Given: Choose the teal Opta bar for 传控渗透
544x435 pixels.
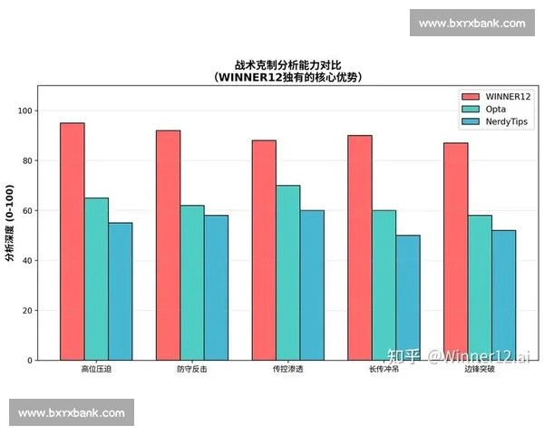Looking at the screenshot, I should (x=287, y=273).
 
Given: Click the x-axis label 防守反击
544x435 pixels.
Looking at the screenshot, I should (x=191, y=370).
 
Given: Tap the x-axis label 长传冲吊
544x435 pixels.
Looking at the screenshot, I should (x=384, y=370).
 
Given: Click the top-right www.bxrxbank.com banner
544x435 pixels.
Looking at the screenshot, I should (x=471, y=23).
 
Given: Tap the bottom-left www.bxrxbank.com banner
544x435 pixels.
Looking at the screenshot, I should (x=72, y=412).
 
